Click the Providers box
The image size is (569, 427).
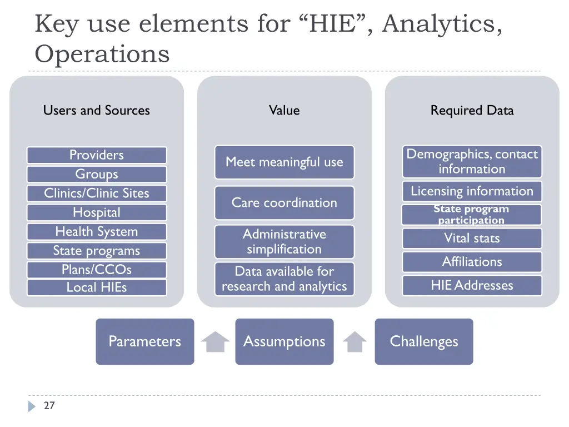pyautogui.click(x=97, y=155)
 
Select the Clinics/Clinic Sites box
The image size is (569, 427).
pyautogui.click(x=97, y=193)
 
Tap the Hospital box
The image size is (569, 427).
pyautogui.click(x=97, y=212)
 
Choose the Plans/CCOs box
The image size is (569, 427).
pyautogui.click(x=97, y=270)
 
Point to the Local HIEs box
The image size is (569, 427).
pyautogui.click(x=97, y=287)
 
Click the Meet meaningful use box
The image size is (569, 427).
pyautogui.click(x=284, y=162)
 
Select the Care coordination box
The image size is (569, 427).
pyautogui.click(x=284, y=203)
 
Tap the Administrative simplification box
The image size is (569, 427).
pyautogui.click(x=284, y=242)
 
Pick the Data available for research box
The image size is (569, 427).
pyautogui.click(x=284, y=279)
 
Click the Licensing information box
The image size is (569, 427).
pyautogui.click(x=472, y=191)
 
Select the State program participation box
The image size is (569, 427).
pyautogui.click(x=472, y=215)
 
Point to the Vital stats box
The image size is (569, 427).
pyautogui.click(x=472, y=239)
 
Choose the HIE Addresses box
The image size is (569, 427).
pyautogui.click(x=472, y=285)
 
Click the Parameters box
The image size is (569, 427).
pyautogui.click(x=145, y=341)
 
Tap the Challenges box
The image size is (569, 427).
pyautogui.click(x=424, y=341)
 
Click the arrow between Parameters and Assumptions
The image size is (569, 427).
pyautogui.click(x=215, y=342)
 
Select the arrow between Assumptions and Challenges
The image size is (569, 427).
pyautogui.click(x=355, y=342)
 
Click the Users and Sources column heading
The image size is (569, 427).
pyautogui.click(x=97, y=111)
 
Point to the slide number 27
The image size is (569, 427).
pyautogui.click(x=49, y=406)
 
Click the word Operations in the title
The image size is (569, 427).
pyautogui.click(x=102, y=54)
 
